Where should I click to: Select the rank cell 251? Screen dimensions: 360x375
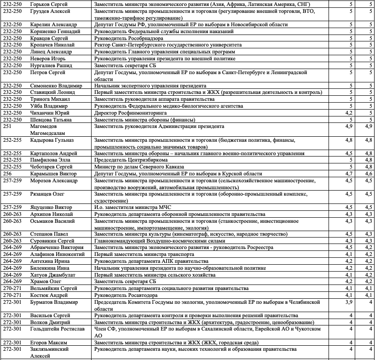pyautogui.click(x=7, y=126)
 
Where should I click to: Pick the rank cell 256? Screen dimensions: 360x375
pyautogui.click(x=7, y=174)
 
